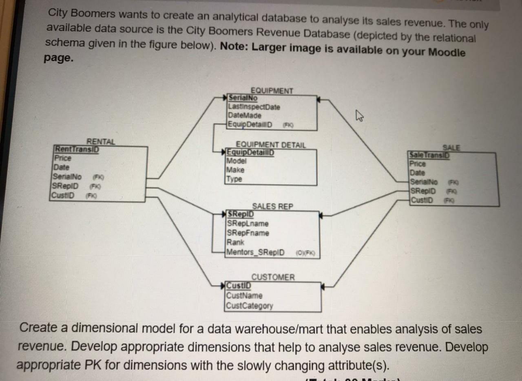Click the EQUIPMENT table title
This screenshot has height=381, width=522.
[x=272, y=90]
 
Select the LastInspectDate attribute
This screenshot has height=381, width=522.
[x=254, y=107]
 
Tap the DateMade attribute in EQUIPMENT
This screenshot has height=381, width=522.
[x=245, y=116]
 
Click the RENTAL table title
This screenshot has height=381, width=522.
[x=101, y=141]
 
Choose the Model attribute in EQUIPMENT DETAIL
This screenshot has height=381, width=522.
[x=237, y=161]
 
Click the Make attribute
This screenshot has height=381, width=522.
[x=236, y=170]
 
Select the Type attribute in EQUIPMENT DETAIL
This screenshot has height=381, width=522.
[x=234, y=179]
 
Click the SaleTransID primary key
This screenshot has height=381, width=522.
[x=429, y=155]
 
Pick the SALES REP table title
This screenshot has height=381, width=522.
[x=272, y=207]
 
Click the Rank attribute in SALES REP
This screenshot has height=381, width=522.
[x=235, y=242]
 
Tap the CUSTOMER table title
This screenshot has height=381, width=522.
[x=272, y=277]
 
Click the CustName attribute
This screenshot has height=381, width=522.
[x=244, y=296]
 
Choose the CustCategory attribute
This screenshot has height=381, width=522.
[x=250, y=306]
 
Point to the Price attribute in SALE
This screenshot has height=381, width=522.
[x=418, y=164]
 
